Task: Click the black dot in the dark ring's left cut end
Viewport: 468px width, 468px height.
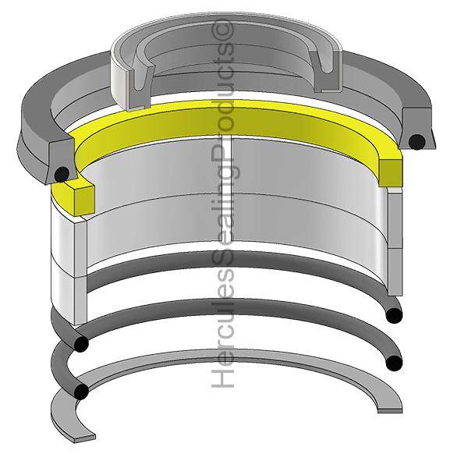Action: coord(59,172)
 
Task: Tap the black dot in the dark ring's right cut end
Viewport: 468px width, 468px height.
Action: coord(417,141)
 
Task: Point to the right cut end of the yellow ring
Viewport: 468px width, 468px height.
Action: coord(390,168)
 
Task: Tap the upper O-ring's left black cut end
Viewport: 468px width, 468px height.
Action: coord(81,344)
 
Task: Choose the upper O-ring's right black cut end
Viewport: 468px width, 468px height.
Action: coord(395,314)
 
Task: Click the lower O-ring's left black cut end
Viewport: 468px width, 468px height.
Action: coord(81,392)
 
